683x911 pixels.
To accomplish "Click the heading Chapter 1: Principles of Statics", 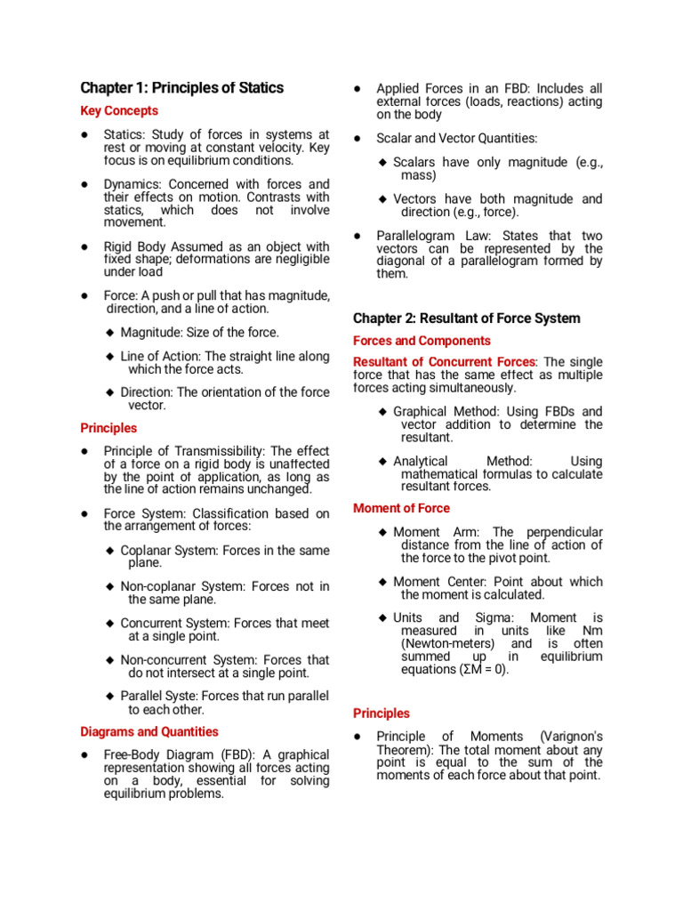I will click(182, 88).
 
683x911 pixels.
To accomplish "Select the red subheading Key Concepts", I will click(119, 111).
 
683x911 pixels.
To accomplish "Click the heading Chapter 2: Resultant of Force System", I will click(466, 318).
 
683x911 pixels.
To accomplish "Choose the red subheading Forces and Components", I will click(422, 341).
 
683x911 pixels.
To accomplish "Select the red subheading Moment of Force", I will click(401, 509).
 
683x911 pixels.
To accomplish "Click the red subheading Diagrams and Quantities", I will click(149, 732).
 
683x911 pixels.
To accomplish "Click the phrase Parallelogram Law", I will click(419, 236).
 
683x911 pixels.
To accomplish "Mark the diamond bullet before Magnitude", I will click(109, 333).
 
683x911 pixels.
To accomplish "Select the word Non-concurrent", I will click(165, 660).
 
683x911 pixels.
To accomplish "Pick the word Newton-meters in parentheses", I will click(442, 643).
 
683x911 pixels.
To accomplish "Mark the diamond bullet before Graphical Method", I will click(382, 412).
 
